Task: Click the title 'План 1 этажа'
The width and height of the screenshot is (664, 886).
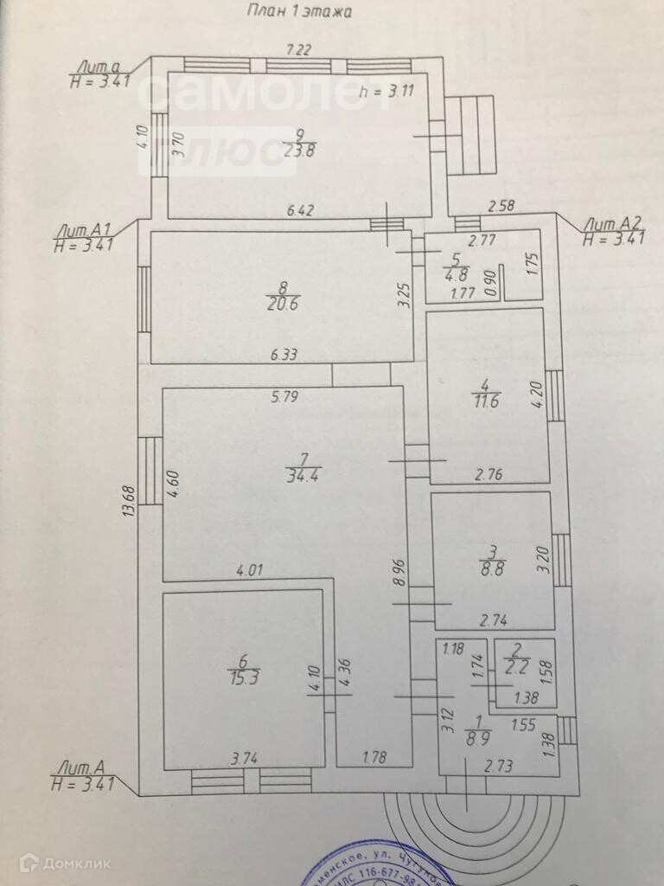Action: point(301,11)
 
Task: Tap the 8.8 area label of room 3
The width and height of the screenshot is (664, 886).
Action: point(492,570)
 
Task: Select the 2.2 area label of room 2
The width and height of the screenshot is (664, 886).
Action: point(517,666)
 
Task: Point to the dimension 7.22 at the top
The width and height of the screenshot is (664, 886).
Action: point(298,50)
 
